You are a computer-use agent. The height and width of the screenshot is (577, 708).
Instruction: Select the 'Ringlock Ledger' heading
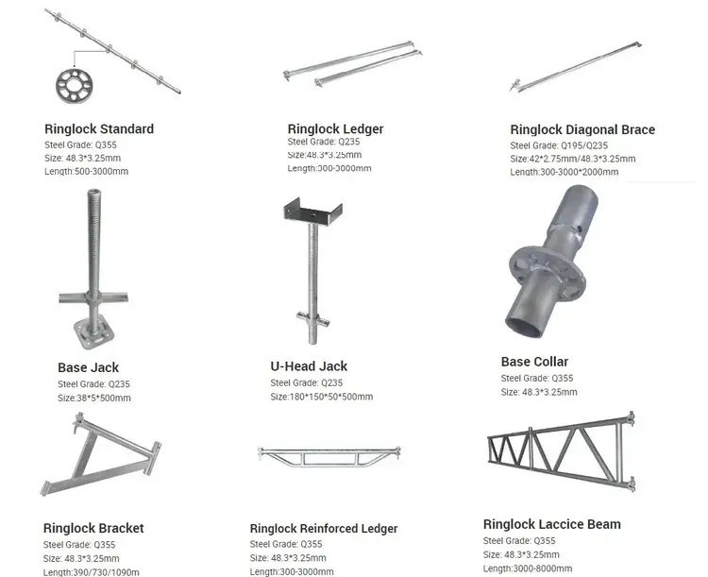[335, 128]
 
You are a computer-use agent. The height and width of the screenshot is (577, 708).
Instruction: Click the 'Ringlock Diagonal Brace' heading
[582, 129]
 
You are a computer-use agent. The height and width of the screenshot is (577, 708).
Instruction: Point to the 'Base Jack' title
[88, 367]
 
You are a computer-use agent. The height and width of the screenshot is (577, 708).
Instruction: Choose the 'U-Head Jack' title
[309, 365]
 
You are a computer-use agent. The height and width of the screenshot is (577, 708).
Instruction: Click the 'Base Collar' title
[534, 361]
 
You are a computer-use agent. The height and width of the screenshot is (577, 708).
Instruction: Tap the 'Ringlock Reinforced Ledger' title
[324, 528]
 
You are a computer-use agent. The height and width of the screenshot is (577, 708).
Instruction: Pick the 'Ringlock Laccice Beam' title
[551, 524]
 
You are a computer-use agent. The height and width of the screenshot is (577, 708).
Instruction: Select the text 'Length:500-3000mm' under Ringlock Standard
[86, 172]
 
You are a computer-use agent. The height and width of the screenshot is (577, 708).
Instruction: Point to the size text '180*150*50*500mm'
[322, 397]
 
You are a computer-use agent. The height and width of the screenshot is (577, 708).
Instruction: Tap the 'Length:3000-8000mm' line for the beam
[528, 569]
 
